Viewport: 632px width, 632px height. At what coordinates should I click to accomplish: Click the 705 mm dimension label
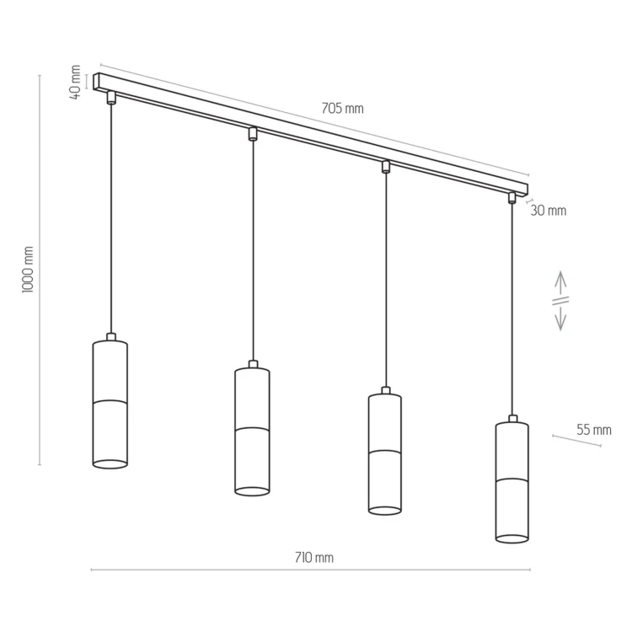tap(342, 109)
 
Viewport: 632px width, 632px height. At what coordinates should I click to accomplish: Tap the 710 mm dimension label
tap(314, 558)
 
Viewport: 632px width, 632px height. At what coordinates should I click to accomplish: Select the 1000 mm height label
tap(28, 270)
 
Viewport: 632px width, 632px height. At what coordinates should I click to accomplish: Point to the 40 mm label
tap(75, 82)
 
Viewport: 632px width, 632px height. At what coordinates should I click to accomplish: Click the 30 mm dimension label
tap(549, 211)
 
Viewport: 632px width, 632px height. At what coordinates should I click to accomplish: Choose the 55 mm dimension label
tap(594, 430)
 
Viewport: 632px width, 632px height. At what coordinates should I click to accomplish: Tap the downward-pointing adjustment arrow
tap(560, 317)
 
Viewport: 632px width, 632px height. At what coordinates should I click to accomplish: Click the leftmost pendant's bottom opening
tap(110, 464)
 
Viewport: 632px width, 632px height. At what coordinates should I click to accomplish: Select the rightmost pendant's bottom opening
tap(511, 538)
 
